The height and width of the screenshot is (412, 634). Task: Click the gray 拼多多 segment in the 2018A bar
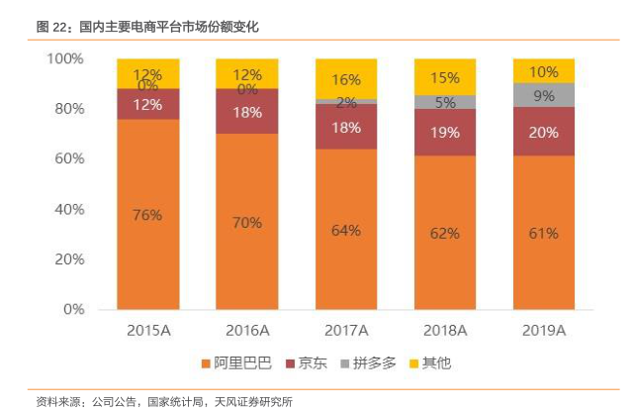(x=444, y=101)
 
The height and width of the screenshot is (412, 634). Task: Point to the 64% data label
(x=345, y=231)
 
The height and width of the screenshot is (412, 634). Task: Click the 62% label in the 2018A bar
(x=444, y=234)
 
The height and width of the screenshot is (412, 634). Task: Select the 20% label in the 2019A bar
(x=543, y=132)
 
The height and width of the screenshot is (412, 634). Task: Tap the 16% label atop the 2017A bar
(x=345, y=79)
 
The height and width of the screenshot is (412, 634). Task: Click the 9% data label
(x=543, y=96)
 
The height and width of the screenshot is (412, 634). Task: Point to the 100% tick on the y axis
(x=65, y=58)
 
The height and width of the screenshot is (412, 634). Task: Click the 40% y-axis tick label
(x=69, y=209)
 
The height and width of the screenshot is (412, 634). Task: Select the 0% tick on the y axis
(x=73, y=309)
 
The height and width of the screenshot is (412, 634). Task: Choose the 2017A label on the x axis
(x=345, y=330)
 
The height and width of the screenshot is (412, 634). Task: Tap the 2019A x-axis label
(x=543, y=330)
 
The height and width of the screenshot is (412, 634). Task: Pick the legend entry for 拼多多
(x=369, y=363)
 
